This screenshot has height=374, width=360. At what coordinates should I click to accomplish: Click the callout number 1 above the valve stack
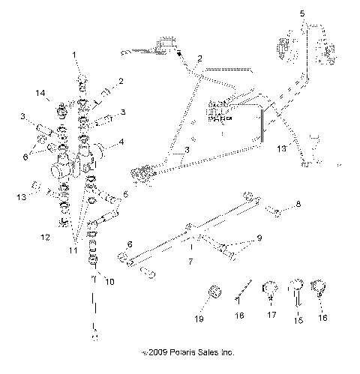coord(74,55)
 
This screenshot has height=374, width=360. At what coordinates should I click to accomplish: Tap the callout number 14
coord(41,92)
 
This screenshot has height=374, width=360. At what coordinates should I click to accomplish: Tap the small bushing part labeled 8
coord(277,214)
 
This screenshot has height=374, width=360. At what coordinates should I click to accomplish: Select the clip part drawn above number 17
coord(268,287)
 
